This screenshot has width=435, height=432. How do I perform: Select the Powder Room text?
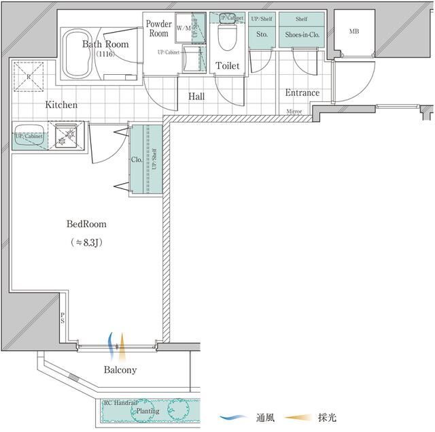coord(158,29)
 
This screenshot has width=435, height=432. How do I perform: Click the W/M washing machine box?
coord(184,29)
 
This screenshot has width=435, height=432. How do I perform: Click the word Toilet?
coord(227,66)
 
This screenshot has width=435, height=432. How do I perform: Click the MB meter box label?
coord(354,31)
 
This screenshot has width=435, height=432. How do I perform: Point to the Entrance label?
coord(302,93)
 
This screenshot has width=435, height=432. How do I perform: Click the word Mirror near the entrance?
coord(294,111)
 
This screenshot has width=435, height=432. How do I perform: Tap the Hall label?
coord(196,97)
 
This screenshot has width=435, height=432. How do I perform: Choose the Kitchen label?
coord(61,105)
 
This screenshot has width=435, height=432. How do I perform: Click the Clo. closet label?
coord(135,160)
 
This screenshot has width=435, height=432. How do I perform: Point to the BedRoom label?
coord(86,224)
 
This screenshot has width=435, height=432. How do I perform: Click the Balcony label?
coord(120,370)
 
